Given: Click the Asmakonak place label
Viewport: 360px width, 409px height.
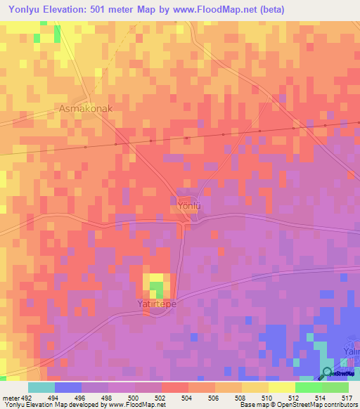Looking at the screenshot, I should pyautogui.click(x=85, y=110).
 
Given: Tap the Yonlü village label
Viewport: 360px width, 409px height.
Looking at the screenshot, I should pyautogui.click(x=188, y=206).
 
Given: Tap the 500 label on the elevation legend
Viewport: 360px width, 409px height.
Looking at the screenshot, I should pyautogui.click(x=134, y=397).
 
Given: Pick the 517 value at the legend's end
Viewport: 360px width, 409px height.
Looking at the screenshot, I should pyautogui.click(x=347, y=397).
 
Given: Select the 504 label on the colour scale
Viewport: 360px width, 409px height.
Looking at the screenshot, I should pyautogui.click(x=188, y=397).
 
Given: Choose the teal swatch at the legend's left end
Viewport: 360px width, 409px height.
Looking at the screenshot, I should pyautogui.click(x=41, y=387).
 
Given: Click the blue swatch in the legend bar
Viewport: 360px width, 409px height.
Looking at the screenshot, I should pyautogui.click(x=67, y=387).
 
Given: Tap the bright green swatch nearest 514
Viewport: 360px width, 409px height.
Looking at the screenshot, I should pyautogui.click(x=308, y=387).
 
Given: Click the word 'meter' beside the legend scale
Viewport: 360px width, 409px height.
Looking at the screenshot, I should pyautogui.click(x=8, y=397).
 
